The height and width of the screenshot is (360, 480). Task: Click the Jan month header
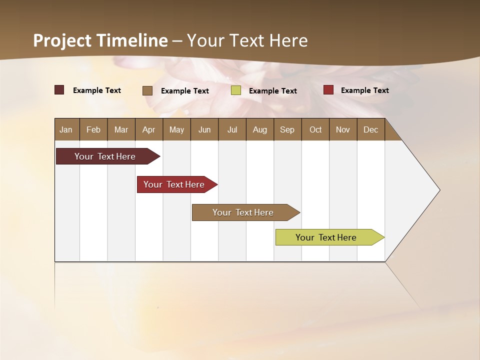[x=66, y=129]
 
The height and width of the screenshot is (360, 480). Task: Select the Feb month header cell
[x=93, y=129]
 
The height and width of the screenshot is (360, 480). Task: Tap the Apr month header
[x=149, y=129]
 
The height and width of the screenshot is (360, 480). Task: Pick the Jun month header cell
[x=204, y=129]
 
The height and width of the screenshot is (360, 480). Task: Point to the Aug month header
[x=260, y=129]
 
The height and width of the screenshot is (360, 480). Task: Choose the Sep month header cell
[x=287, y=129]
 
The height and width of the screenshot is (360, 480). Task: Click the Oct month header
[x=315, y=129]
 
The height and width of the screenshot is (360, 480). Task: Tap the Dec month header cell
[x=371, y=129]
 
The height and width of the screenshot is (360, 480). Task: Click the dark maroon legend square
[x=59, y=90]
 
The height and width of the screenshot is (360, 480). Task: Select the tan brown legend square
[x=147, y=90]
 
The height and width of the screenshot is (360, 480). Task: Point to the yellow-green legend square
[x=236, y=90]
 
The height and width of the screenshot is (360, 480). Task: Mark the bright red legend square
[x=328, y=90]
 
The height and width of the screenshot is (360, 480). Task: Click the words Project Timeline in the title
[x=100, y=40]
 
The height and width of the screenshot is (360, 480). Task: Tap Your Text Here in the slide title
[x=247, y=40]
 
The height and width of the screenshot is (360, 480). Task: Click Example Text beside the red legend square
[x=364, y=90]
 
